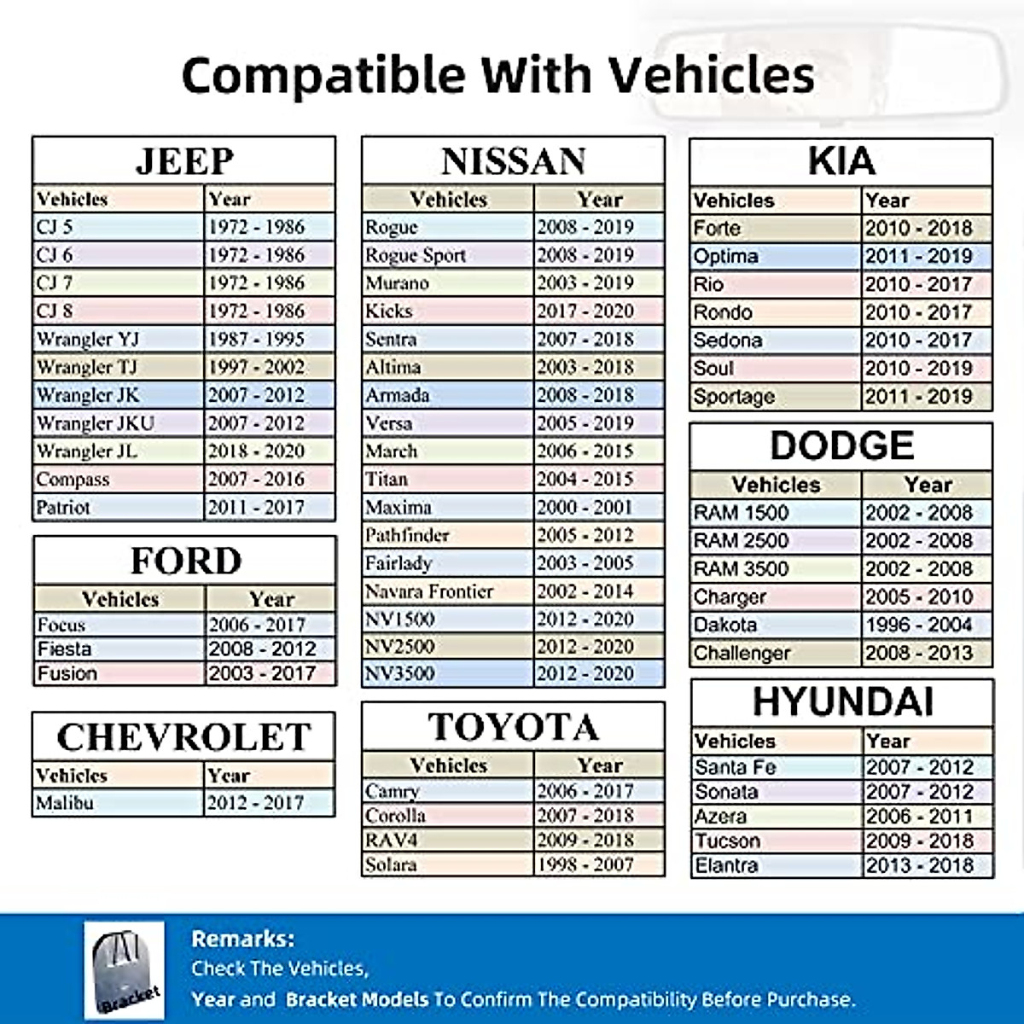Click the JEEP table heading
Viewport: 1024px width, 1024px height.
tap(183, 161)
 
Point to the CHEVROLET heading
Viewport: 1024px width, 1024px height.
tap(183, 737)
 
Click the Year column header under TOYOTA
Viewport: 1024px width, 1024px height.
tap(599, 765)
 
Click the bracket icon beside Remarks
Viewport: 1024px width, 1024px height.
tap(125, 969)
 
